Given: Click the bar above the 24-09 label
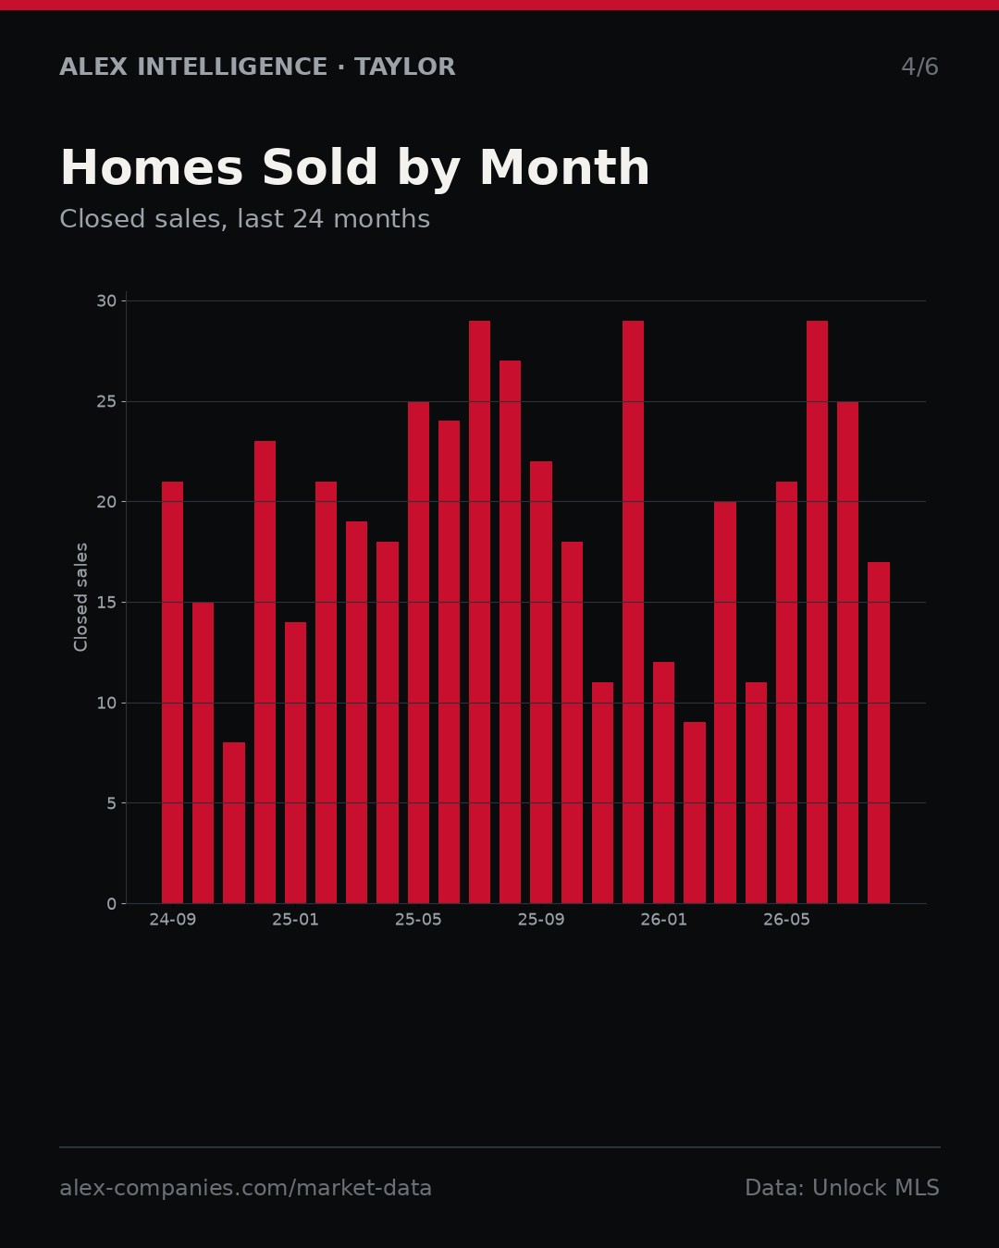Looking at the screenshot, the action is (x=172, y=691).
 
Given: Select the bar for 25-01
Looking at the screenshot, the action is (x=295, y=762).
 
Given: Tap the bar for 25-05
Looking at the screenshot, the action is (x=418, y=652).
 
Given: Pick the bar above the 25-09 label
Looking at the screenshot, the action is (x=541, y=682).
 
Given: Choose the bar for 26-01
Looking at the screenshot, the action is (x=663, y=782).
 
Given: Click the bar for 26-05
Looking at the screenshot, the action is (x=786, y=691).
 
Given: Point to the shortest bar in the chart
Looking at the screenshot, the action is (x=234, y=823).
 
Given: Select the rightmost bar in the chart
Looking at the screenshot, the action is (x=879, y=732).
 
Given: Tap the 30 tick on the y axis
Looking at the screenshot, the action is (x=106, y=301).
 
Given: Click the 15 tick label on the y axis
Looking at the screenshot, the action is (x=106, y=603).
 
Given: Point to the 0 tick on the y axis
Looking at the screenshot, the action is (x=112, y=904).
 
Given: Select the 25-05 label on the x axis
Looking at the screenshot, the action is (x=418, y=920).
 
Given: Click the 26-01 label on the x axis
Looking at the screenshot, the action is (x=663, y=920).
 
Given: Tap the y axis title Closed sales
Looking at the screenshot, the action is (x=80, y=597).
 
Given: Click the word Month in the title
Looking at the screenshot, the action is (x=564, y=167).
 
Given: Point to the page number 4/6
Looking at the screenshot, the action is (x=920, y=67).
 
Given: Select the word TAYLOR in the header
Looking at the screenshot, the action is (x=404, y=67).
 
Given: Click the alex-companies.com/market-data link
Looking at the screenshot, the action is (x=245, y=1188).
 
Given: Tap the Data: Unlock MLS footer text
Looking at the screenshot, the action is (x=843, y=1188).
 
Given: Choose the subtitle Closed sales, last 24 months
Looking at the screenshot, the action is (x=245, y=219).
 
